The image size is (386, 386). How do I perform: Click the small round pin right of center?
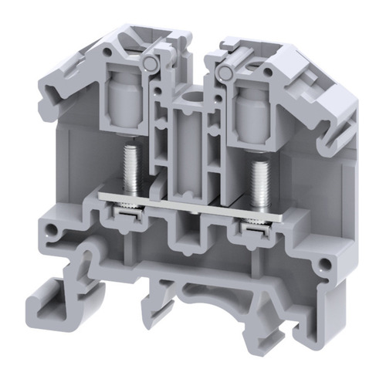tap(225, 73)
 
